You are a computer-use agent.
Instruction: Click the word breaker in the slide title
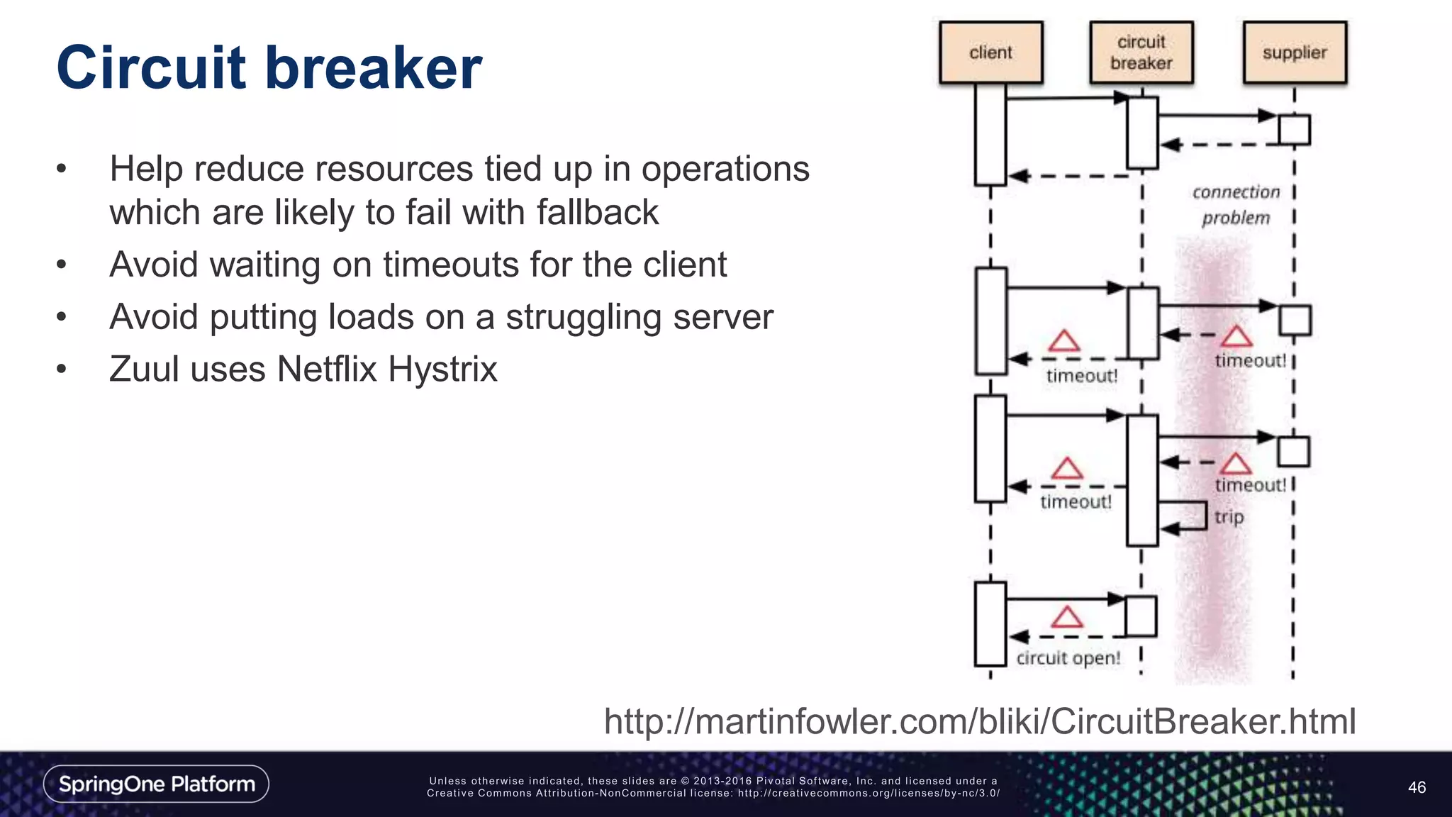(x=374, y=68)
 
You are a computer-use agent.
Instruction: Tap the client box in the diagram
(x=990, y=52)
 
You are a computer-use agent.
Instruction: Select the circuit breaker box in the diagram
(x=1141, y=52)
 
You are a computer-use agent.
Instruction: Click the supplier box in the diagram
(x=1295, y=52)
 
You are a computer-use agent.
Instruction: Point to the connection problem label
(x=1236, y=205)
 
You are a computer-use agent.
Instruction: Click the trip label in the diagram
(x=1229, y=517)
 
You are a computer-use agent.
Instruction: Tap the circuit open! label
(x=1068, y=658)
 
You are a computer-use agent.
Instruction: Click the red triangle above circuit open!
(x=1066, y=617)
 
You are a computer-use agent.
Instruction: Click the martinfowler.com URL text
(x=979, y=721)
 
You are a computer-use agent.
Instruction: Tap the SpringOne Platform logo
(x=157, y=784)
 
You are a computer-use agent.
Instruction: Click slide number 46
(x=1417, y=787)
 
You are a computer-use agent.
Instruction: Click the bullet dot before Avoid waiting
(x=62, y=265)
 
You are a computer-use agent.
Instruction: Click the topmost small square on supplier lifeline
(x=1294, y=130)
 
